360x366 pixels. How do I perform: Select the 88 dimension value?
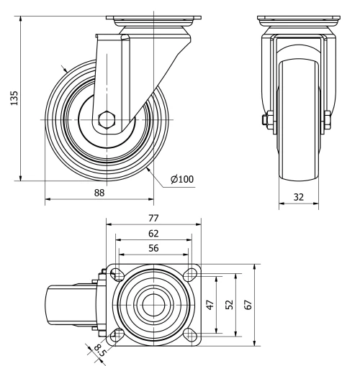(100, 193)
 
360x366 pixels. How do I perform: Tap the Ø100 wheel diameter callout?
(183, 179)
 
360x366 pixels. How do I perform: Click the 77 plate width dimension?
(153, 217)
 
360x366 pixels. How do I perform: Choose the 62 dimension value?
(153, 233)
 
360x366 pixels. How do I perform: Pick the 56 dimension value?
(153, 248)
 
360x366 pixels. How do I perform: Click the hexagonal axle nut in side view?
(108, 119)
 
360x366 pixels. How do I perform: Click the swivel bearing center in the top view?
(153, 303)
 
